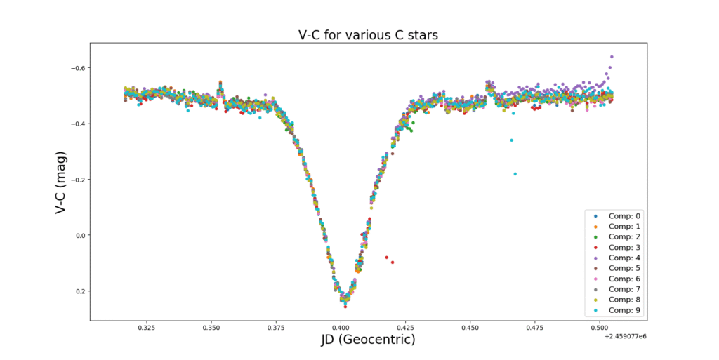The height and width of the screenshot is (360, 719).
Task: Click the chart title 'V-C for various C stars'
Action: pos(359,35)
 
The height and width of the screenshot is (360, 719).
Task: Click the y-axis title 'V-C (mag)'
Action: pos(61,181)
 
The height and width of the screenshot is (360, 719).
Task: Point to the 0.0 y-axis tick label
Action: pos(78,235)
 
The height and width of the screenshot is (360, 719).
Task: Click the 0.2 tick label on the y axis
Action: pos(78,291)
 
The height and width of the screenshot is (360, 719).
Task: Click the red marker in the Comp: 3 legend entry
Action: pos(596,248)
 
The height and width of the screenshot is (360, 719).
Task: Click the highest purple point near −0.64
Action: pos(612,57)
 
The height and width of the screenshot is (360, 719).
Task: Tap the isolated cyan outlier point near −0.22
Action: pos(515,174)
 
